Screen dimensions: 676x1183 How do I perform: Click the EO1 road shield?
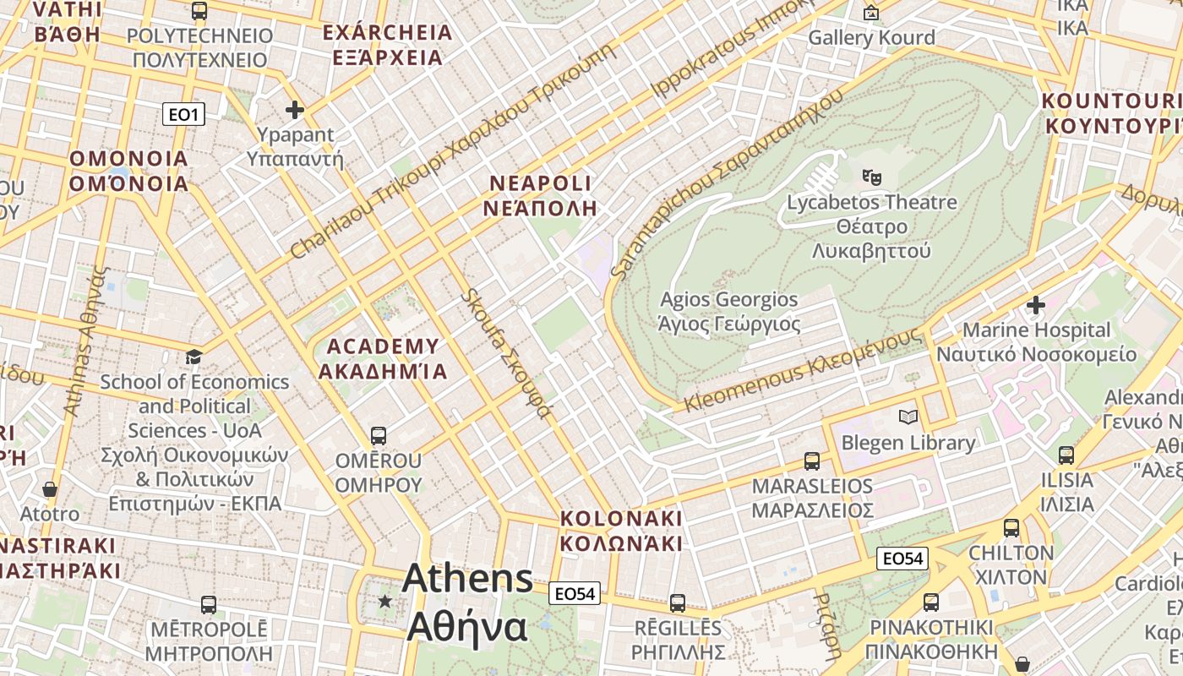pyautogui.click(x=183, y=114)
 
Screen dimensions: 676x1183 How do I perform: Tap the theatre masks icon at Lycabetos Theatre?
pyautogui.click(x=871, y=177)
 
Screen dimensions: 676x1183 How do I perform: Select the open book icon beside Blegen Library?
pyautogui.click(x=908, y=417)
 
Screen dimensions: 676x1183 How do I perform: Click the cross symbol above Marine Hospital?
pyautogui.click(x=1036, y=304)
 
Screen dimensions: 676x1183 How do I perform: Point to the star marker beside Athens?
pyautogui.click(x=385, y=601)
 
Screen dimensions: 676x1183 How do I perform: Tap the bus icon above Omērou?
pyautogui.click(x=378, y=436)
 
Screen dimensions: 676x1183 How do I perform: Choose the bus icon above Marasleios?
pyautogui.click(x=812, y=461)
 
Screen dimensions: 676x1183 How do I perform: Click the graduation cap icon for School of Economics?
pyautogui.click(x=194, y=357)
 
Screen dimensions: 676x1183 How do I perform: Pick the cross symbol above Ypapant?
pyautogui.click(x=295, y=110)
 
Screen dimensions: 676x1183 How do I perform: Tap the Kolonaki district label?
pyautogui.click(x=621, y=531)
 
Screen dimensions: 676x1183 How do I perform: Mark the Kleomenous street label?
pyautogui.click(x=803, y=370)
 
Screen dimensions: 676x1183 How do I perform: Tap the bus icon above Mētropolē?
pyautogui.click(x=209, y=605)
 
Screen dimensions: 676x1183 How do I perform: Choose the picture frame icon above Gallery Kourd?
pyautogui.click(x=871, y=13)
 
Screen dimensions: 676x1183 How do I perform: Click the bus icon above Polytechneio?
pyautogui.click(x=199, y=11)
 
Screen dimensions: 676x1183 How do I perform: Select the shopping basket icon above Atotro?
pyautogui.click(x=50, y=489)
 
